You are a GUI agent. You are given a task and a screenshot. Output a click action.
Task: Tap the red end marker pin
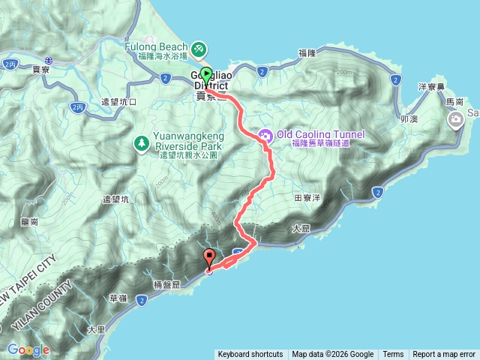coord(209,257)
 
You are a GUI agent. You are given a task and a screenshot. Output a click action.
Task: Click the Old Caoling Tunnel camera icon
coord(265,135)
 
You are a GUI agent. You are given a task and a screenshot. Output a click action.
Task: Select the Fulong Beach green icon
coord(199,49)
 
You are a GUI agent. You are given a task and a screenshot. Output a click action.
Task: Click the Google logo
coord(28,350)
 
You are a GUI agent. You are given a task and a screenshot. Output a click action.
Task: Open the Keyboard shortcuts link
coord(250,354)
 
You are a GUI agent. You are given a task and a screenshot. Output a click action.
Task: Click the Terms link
coord(393,354)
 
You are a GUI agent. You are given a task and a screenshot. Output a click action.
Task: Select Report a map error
coord(444,354)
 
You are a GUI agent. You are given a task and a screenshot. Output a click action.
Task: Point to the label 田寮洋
coord(307,197)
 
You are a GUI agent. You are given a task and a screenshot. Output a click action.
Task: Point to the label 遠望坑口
coord(118,101)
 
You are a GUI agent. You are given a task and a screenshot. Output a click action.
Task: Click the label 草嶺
coord(118,297)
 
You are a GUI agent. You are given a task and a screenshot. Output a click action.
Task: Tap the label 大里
coord(95,328)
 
